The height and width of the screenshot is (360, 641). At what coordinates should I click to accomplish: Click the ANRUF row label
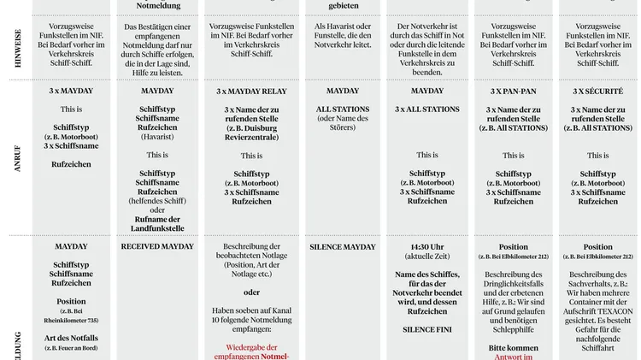pyautogui.click(x=17, y=158)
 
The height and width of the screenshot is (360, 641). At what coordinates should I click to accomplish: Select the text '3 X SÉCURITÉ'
pyautogui.click(x=597, y=91)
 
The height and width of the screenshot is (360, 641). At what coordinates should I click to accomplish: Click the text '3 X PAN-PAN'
pyautogui.click(x=513, y=91)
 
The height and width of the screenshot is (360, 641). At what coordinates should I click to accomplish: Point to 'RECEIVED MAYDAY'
pyautogui.click(x=157, y=246)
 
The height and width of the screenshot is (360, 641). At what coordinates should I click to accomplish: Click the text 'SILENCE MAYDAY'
pyautogui.click(x=343, y=247)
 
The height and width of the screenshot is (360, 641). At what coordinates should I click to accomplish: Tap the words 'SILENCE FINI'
pyautogui.click(x=427, y=328)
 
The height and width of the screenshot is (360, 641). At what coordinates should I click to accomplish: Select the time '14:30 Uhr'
pyautogui.click(x=427, y=247)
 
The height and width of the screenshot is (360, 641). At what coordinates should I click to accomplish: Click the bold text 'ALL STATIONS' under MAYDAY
pyautogui.click(x=343, y=109)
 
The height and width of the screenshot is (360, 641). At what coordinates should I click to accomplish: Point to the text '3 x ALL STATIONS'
pyautogui.click(x=427, y=109)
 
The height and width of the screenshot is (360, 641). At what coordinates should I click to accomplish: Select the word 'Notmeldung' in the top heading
pyautogui.click(x=158, y=5)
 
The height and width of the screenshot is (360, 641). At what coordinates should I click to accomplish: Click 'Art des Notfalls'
pyautogui.click(x=72, y=339)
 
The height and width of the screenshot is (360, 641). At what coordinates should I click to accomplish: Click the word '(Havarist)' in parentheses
pyautogui.click(x=157, y=137)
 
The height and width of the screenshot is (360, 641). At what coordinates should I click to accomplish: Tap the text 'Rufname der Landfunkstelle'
pyautogui.click(x=157, y=223)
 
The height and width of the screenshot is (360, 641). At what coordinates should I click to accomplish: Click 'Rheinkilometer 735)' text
pyautogui.click(x=72, y=320)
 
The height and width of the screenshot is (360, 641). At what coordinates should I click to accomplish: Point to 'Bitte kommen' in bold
pyautogui.click(x=513, y=347)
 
